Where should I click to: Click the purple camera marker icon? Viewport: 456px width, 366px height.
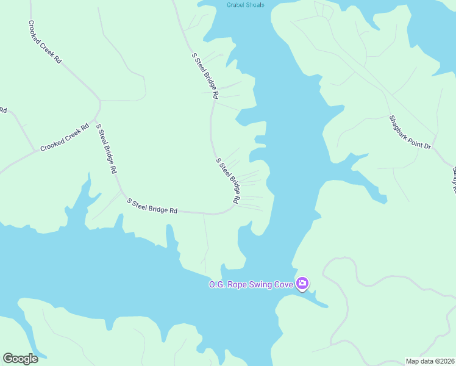[302, 283]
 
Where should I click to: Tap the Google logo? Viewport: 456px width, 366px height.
[20, 359]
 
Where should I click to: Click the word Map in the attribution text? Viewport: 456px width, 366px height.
[413, 361]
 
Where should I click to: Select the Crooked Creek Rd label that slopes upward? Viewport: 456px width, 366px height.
[64, 140]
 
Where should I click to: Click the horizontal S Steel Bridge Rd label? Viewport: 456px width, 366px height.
[152, 206]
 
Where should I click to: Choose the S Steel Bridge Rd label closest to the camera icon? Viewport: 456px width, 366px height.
[228, 181]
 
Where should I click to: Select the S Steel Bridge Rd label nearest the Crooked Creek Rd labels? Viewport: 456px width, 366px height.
[106, 149]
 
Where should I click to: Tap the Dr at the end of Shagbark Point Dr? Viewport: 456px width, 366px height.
[427, 146]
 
